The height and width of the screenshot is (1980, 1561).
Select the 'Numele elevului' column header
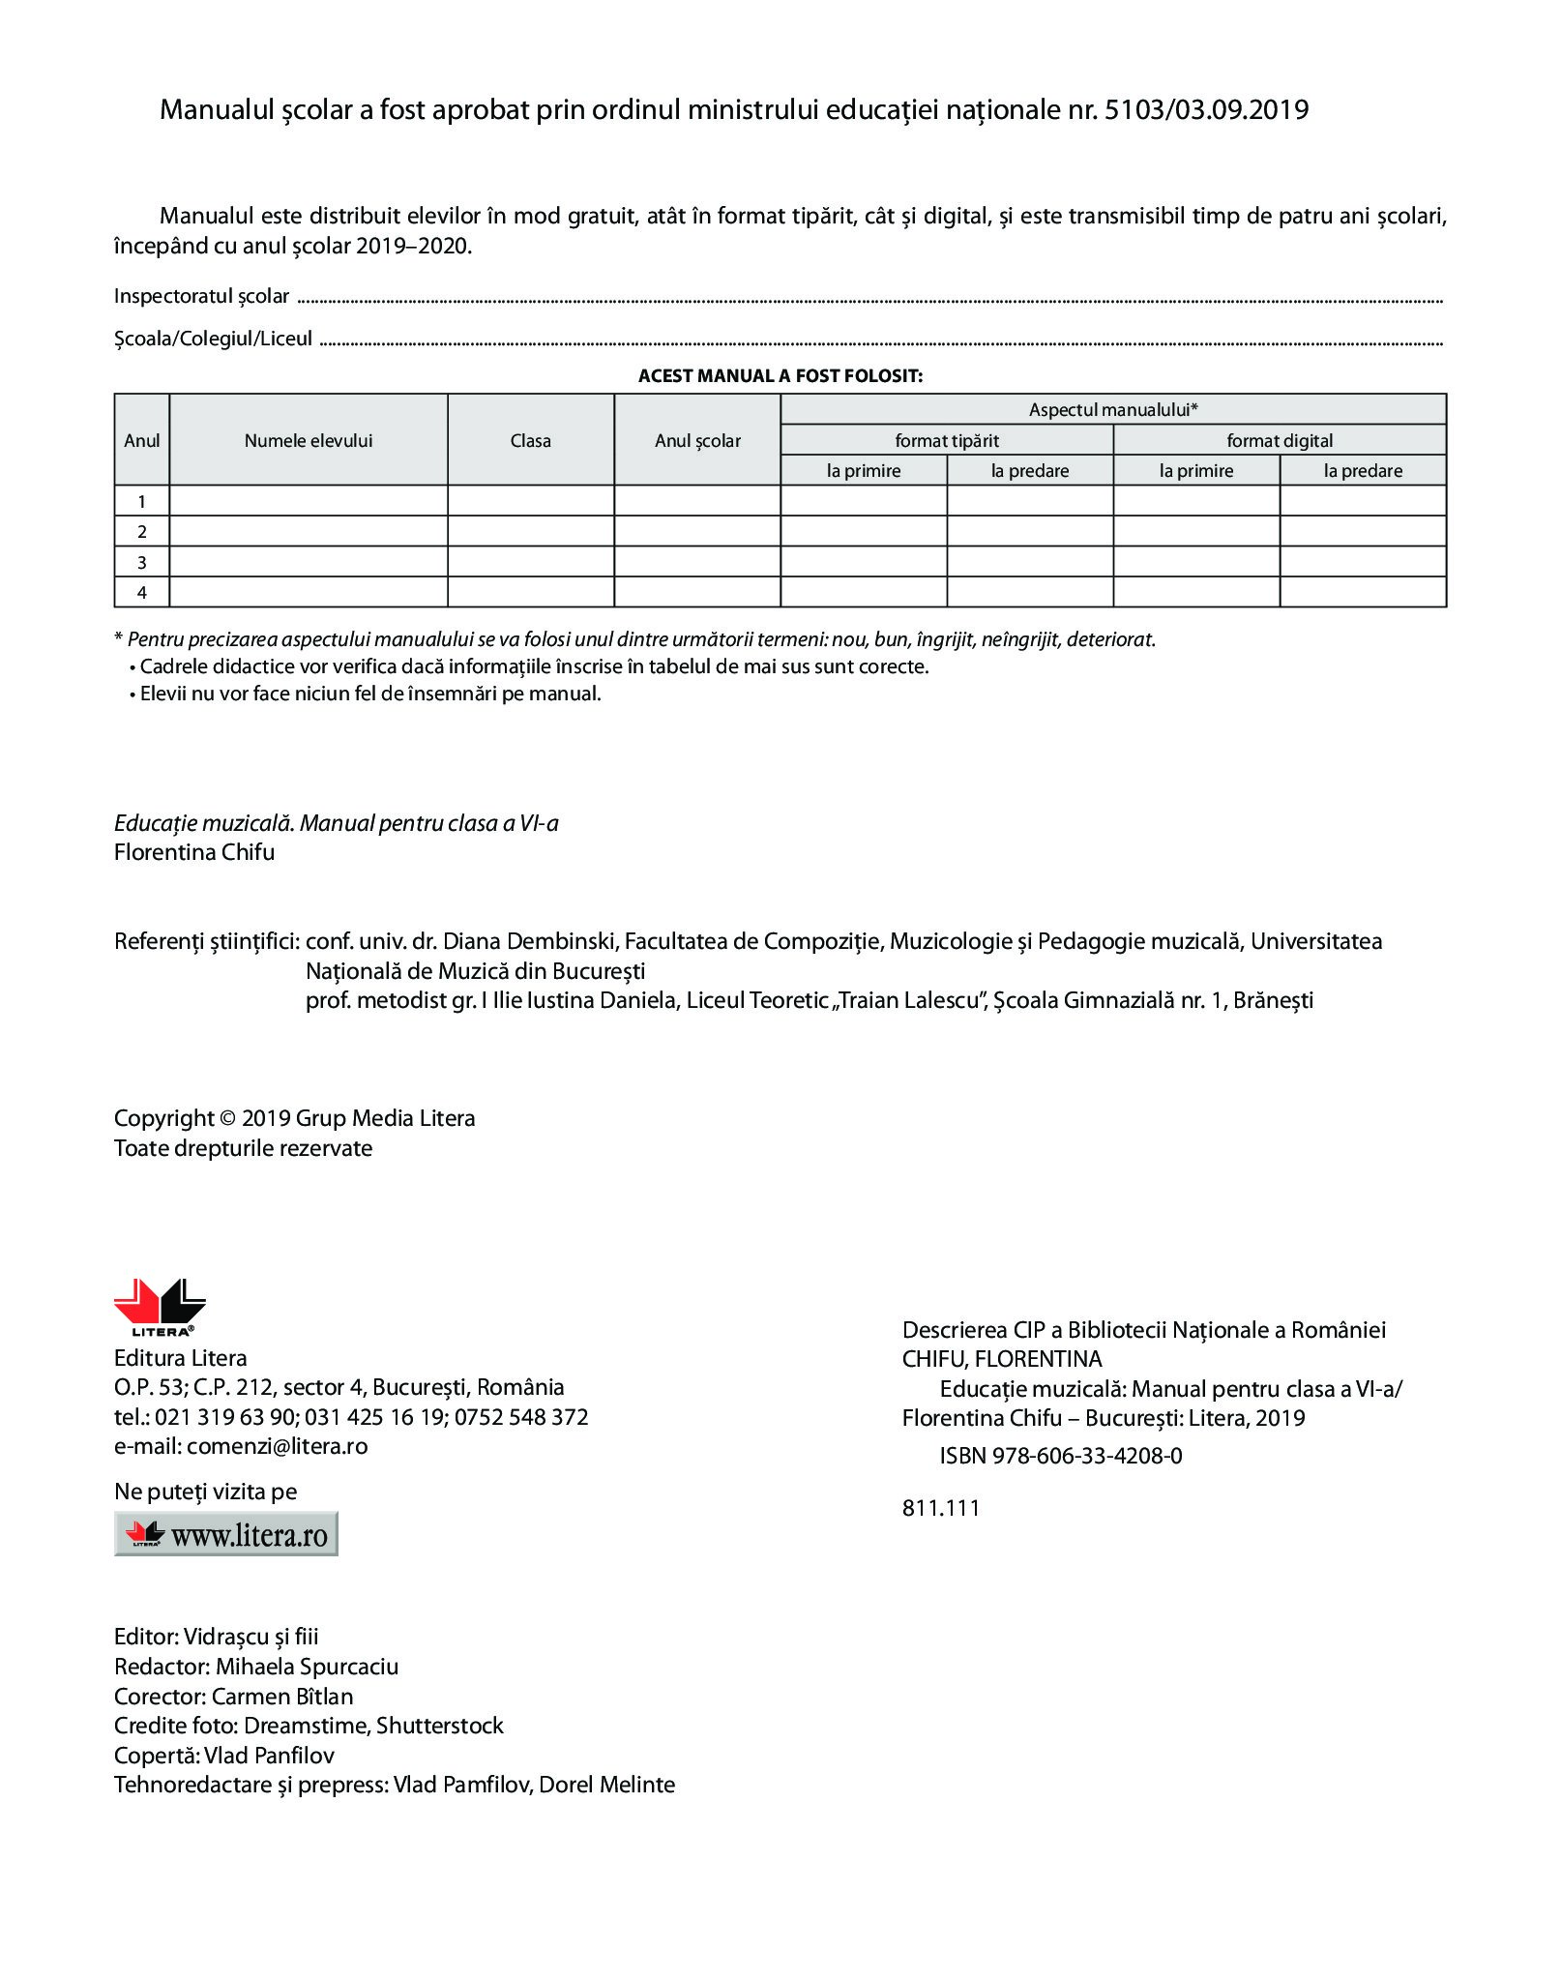click(308, 441)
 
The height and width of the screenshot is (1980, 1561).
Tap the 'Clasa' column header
click(530, 441)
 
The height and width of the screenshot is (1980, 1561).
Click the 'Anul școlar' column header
click(697, 441)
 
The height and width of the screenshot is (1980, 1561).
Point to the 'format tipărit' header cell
click(947, 441)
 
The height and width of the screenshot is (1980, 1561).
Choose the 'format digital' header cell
click(1280, 441)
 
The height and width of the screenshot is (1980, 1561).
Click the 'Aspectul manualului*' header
click(1113, 410)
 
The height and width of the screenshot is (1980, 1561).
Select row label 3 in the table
click(142, 562)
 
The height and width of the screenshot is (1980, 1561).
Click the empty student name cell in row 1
click(308, 501)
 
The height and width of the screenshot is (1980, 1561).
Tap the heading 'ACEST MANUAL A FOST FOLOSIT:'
click(780, 375)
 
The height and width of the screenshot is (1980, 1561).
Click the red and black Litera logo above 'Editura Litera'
click(160, 1306)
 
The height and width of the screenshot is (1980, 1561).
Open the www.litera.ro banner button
click(226, 1534)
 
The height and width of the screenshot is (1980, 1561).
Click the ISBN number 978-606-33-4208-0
click(1087, 1456)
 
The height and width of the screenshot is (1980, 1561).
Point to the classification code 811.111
click(941, 1508)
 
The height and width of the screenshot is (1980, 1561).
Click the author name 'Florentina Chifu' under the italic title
click(194, 853)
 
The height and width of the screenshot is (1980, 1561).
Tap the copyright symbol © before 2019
click(228, 1119)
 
